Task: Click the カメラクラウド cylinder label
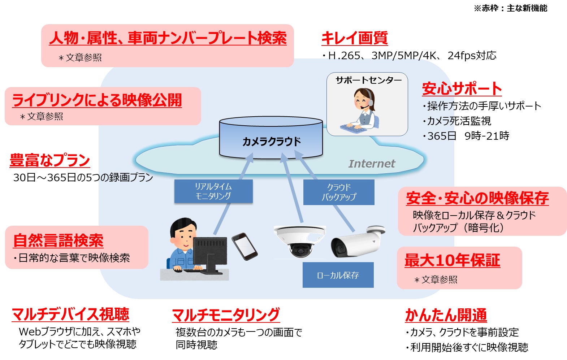271,141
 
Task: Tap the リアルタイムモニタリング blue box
213,191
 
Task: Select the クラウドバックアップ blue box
339,192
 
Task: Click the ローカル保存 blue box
338,275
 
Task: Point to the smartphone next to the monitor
244,246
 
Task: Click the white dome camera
299,241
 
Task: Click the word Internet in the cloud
372,164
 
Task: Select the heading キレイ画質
355,38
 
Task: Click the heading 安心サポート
462,88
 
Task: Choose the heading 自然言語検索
59,240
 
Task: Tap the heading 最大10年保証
452,260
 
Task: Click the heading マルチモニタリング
226,315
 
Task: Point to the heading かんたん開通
446,315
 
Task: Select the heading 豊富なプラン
50,160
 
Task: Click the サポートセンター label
368,80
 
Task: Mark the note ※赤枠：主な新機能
511,8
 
